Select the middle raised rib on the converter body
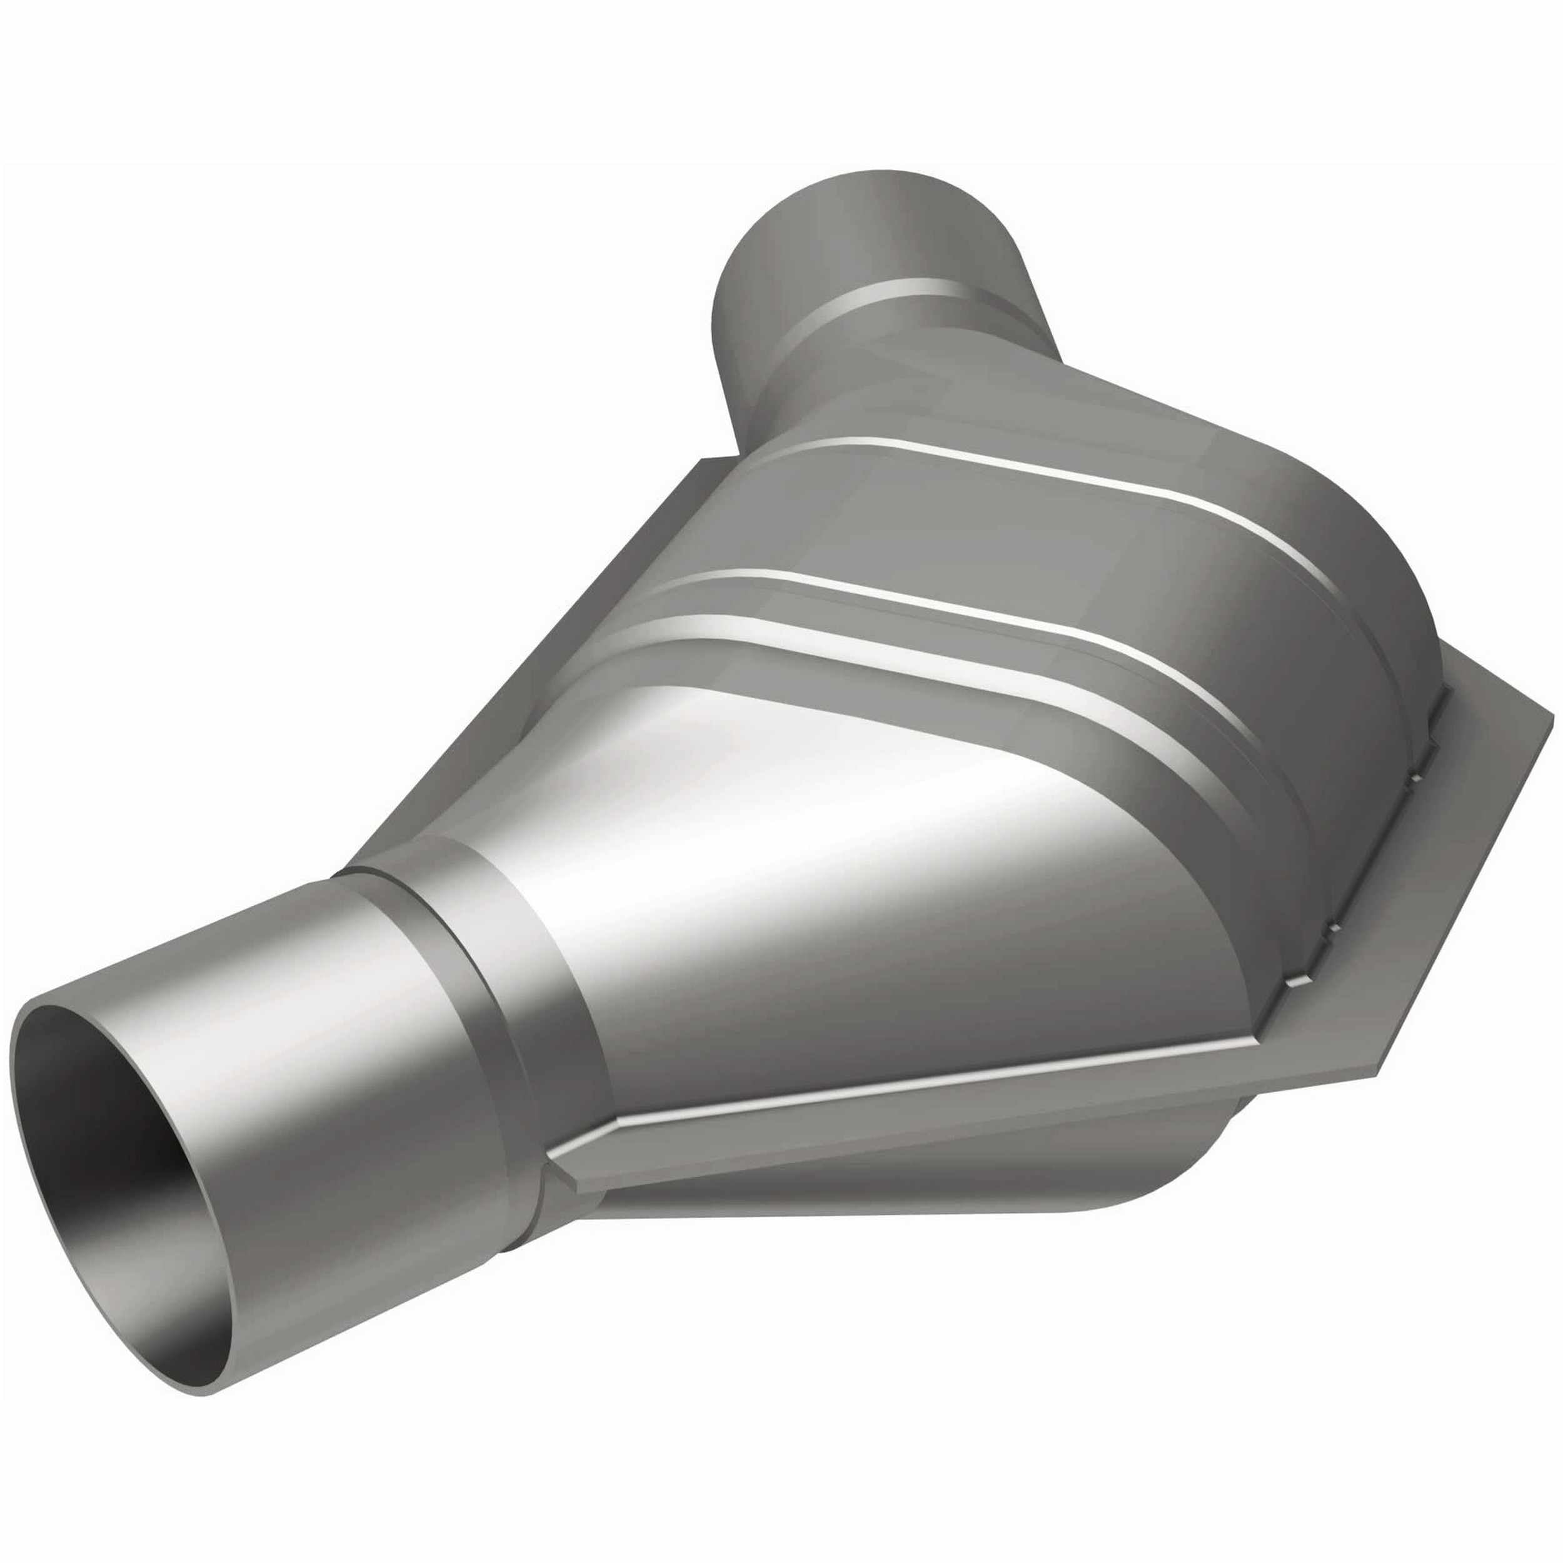click(x=930, y=599)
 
